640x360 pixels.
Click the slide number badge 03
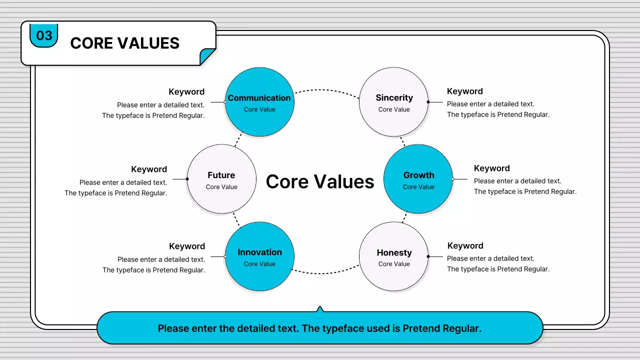coord(44,36)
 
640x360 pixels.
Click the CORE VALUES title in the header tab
coord(124,43)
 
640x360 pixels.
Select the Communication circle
coord(259,102)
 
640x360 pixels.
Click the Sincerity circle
coord(394,102)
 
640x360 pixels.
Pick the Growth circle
coord(418,179)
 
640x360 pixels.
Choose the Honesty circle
coord(394,256)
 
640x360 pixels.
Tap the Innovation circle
coord(259,256)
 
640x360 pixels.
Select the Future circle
coord(221,179)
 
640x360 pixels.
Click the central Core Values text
coord(320,181)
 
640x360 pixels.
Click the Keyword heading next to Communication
coord(186,92)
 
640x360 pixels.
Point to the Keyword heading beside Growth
coord(492,168)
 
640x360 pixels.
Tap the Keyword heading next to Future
coord(149,169)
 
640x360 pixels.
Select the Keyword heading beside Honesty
coord(465,246)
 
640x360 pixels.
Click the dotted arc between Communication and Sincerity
coord(326,90)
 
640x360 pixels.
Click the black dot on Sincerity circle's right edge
coord(428,102)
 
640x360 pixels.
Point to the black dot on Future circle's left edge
coord(187,179)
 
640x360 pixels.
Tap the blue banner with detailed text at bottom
coord(319,328)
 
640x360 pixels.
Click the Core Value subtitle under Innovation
coord(259,264)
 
